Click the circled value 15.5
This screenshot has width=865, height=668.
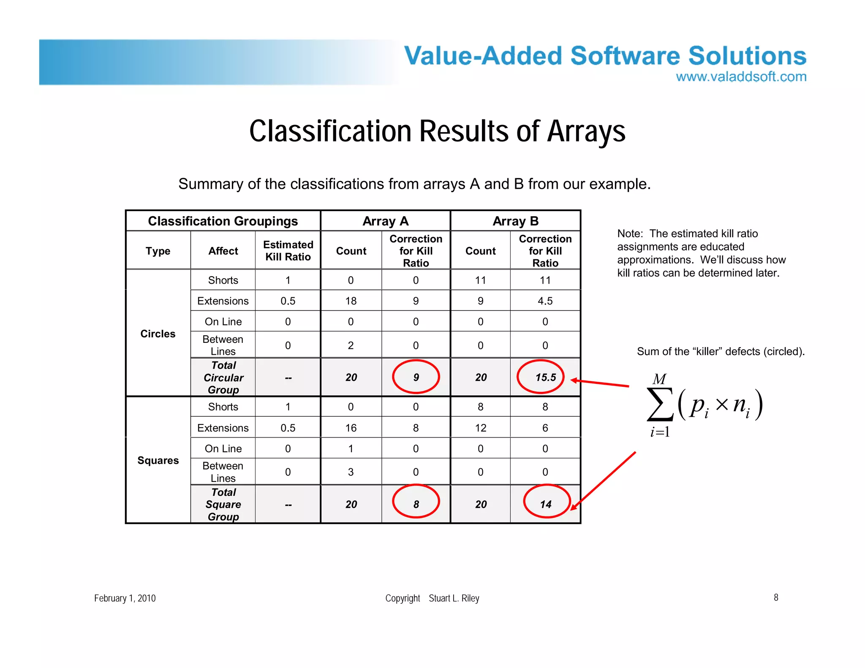[545, 377]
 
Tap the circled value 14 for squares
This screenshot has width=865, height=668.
[545, 504]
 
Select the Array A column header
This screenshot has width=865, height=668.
[385, 221]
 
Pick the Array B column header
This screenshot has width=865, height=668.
[515, 221]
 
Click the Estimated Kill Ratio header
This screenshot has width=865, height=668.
[288, 250]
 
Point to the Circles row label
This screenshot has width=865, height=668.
[158, 334]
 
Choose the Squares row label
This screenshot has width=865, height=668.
[158, 460]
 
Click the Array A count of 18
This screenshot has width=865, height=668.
[351, 301]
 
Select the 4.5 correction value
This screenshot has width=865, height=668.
[545, 301]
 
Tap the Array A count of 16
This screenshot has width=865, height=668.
[351, 428]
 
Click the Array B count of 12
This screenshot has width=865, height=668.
[480, 428]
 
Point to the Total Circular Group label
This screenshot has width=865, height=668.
[223, 377]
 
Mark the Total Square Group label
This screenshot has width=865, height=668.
[223, 504]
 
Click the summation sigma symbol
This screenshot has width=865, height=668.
[660, 404]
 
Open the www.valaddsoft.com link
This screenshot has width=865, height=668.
[741, 76]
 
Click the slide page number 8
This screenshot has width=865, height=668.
[776, 597]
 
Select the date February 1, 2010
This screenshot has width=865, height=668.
[125, 598]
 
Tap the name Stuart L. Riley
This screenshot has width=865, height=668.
[454, 598]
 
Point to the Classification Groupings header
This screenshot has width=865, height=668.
[223, 221]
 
